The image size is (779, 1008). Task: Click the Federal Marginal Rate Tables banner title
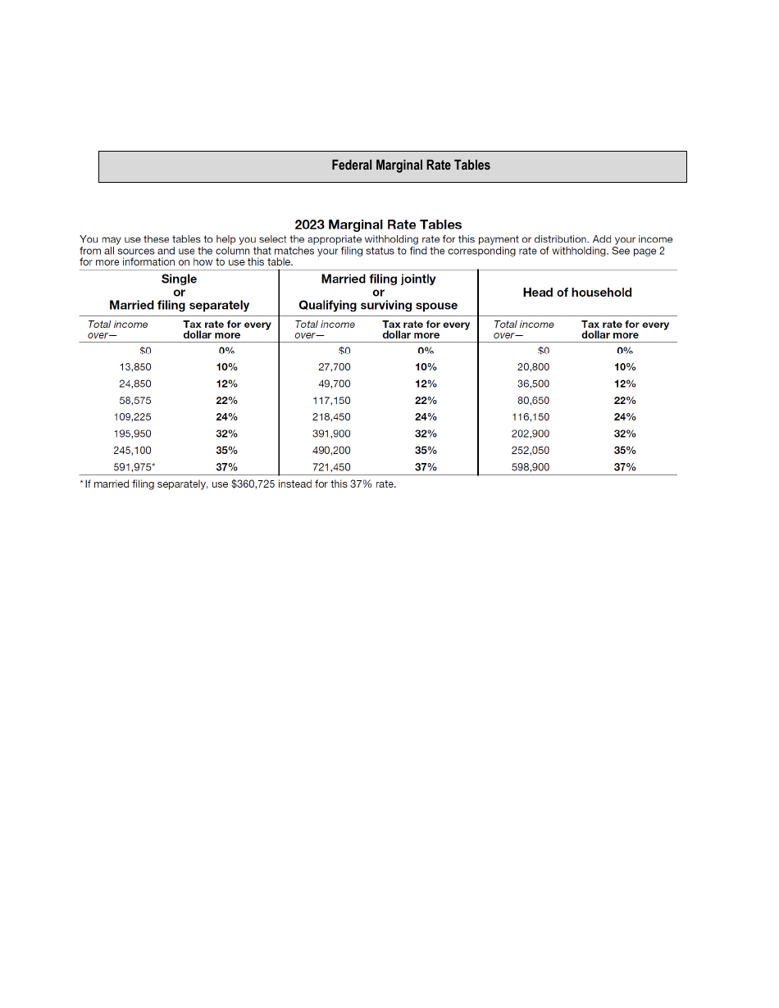click(410, 166)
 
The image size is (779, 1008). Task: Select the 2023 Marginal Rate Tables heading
click(378, 225)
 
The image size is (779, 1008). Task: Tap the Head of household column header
click(577, 293)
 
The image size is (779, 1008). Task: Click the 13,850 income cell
click(135, 367)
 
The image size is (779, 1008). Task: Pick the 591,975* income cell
click(134, 467)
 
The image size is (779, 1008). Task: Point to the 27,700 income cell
click(334, 367)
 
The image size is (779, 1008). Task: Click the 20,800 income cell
click(533, 367)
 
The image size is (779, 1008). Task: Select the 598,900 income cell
click(531, 467)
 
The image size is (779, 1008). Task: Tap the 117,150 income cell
click(331, 401)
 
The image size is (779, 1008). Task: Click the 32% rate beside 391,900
click(426, 434)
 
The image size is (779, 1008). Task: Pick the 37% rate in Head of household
click(625, 467)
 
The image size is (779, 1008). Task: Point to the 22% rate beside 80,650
click(625, 401)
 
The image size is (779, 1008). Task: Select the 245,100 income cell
click(132, 451)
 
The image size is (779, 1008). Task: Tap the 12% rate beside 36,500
click(625, 384)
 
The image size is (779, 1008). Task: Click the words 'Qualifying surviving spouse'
click(378, 306)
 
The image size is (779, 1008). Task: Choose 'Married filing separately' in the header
click(179, 306)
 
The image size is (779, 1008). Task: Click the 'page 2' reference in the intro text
click(648, 251)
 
